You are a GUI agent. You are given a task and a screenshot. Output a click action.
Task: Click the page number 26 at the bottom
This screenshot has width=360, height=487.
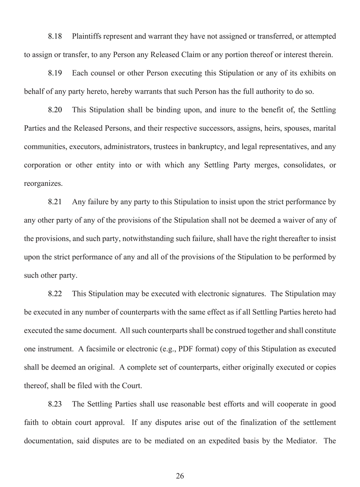coord(180,476)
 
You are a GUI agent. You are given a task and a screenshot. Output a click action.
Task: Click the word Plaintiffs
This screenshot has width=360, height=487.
coord(86,36)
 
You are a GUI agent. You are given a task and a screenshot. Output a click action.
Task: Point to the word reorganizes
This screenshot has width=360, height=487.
coord(43,184)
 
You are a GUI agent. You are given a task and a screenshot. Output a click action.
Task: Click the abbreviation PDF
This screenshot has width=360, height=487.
coord(187,349)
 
